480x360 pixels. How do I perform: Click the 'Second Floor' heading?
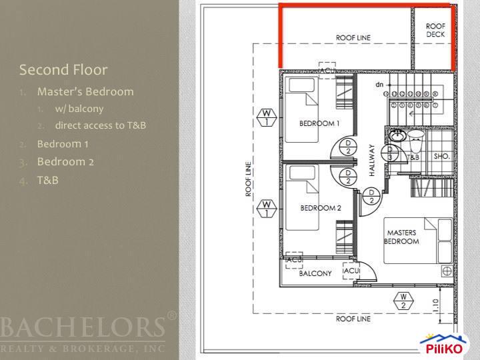click(x=63, y=70)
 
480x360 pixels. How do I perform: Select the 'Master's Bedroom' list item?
click(x=85, y=91)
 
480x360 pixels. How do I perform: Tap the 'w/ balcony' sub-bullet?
click(x=79, y=109)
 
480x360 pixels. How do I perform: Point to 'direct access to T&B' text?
click(x=101, y=125)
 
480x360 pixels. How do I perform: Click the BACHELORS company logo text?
click(x=83, y=329)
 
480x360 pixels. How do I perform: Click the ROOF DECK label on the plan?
click(x=435, y=30)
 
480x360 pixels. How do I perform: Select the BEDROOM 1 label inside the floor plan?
click(x=319, y=124)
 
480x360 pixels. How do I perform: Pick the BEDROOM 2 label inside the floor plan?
click(x=320, y=208)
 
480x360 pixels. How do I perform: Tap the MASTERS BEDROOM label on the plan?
click(x=401, y=237)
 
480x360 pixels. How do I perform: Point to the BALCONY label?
click(x=315, y=274)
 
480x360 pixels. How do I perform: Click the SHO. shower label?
click(x=441, y=157)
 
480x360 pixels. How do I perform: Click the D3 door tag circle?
click(x=390, y=153)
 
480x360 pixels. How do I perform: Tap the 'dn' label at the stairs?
click(x=379, y=85)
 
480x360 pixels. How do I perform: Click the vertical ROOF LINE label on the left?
click(x=248, y=179)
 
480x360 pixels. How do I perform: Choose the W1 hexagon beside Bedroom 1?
click(x=265, y=118)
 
